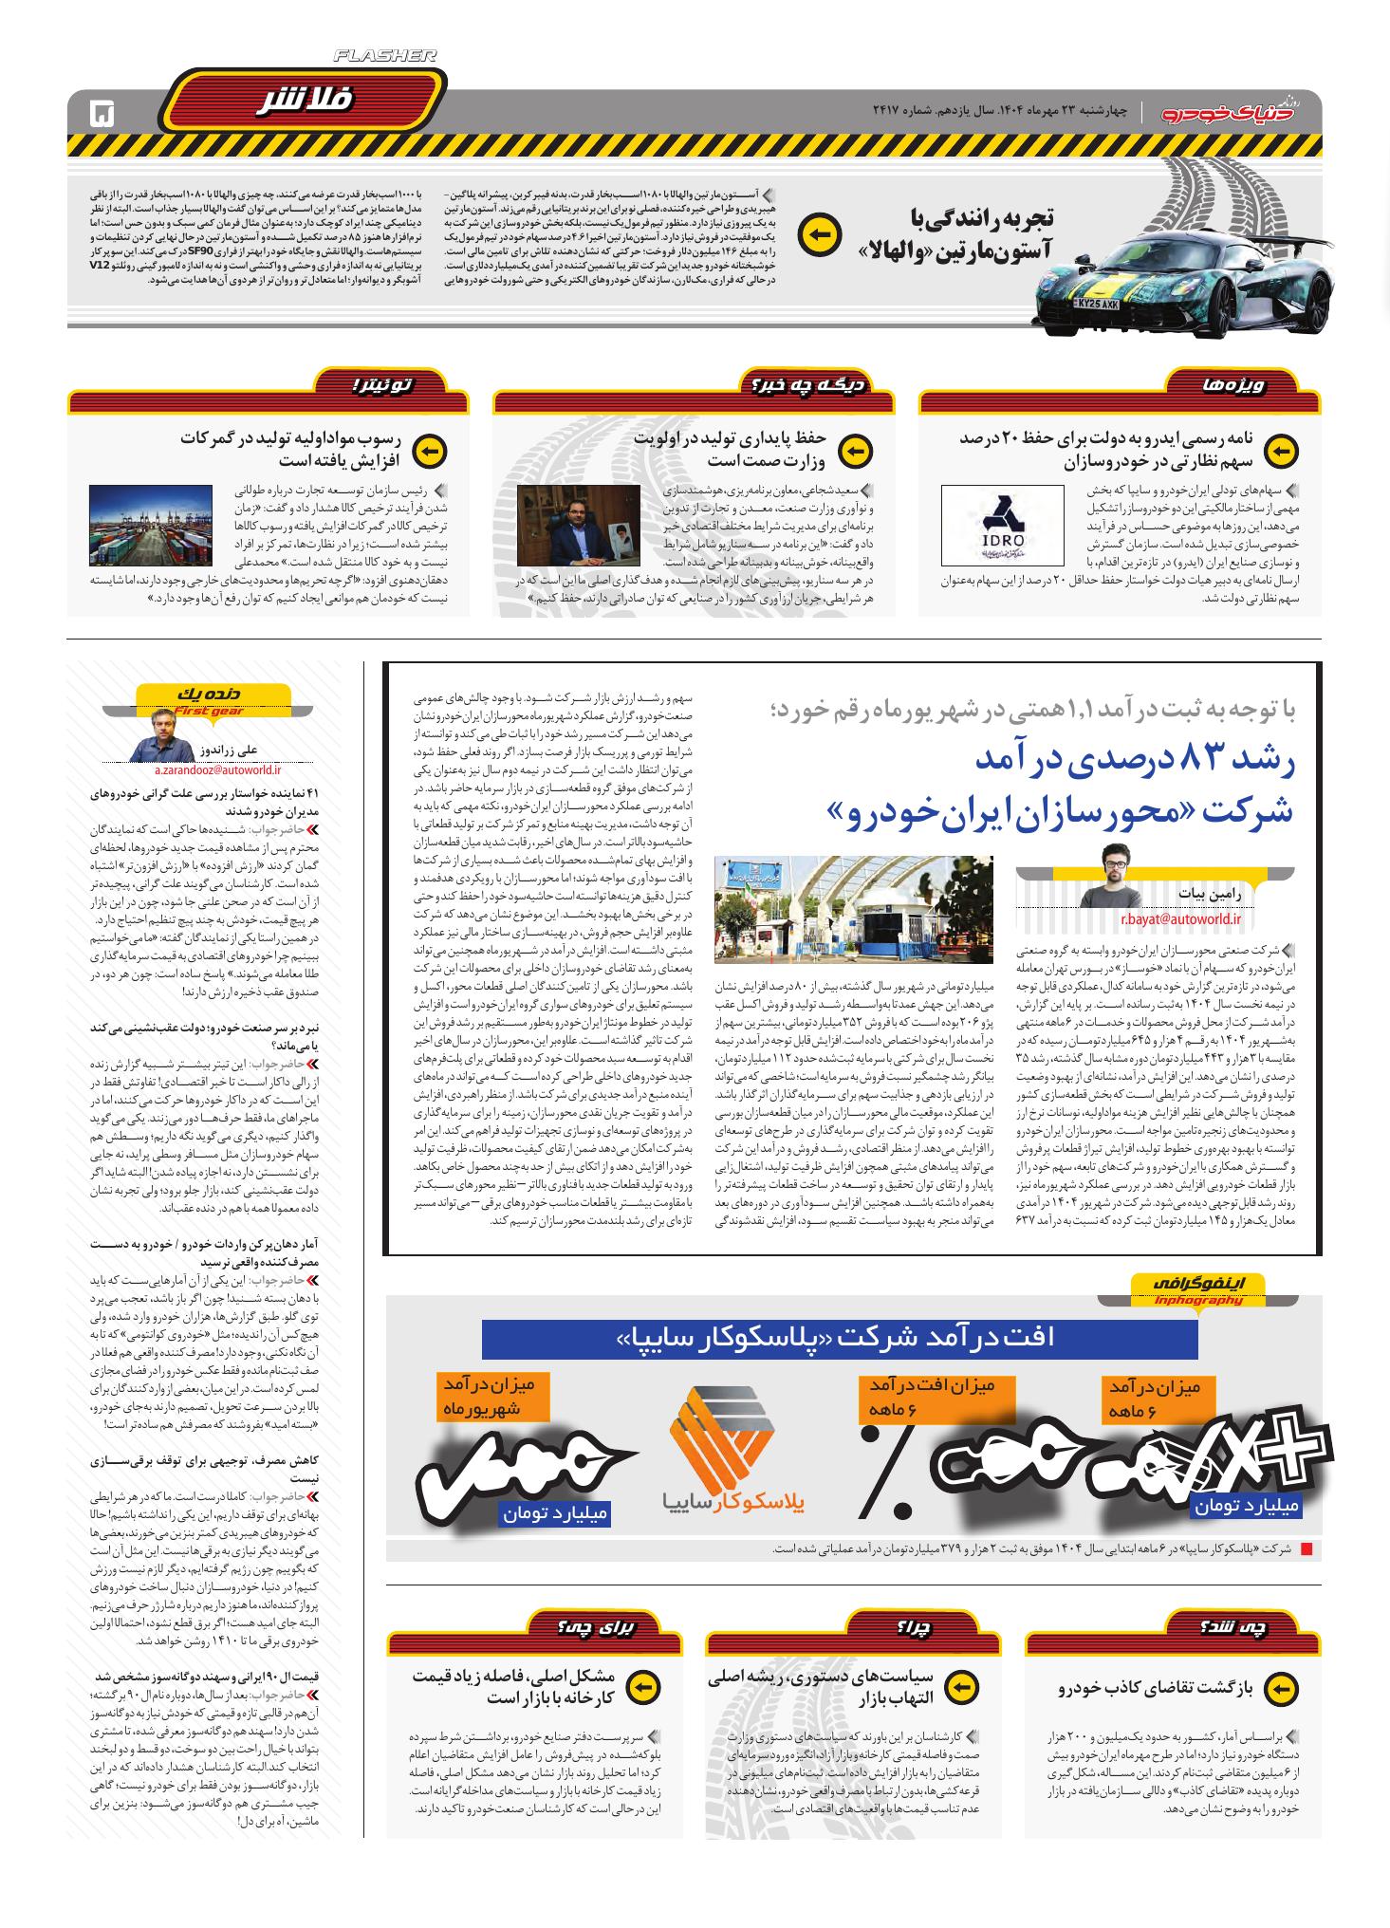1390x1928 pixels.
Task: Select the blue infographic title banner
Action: pos(839,1337)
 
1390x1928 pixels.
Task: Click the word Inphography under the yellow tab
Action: pos(1199,1300)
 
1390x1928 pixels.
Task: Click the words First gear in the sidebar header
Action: pos(209,711)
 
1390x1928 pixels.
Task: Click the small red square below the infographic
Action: pos(1306,1549)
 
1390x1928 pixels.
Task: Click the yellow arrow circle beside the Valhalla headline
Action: pos(819,233)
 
